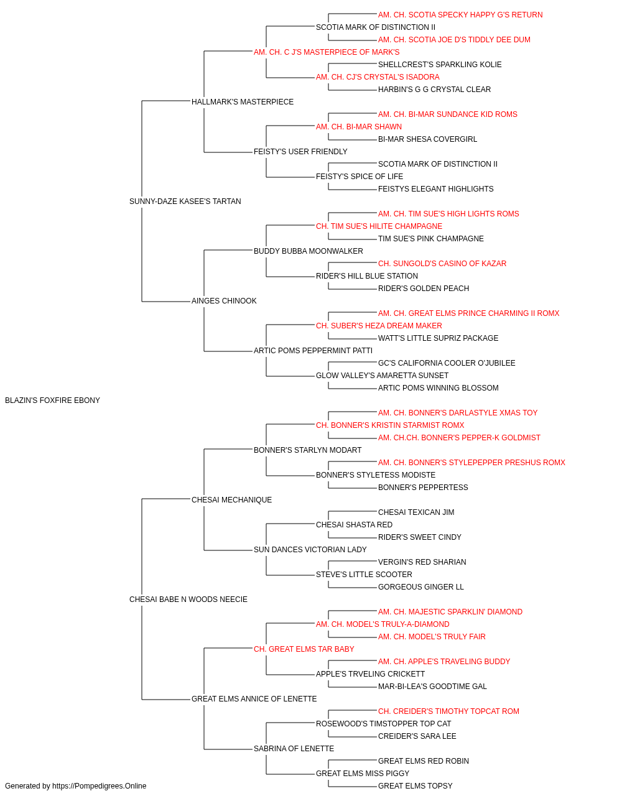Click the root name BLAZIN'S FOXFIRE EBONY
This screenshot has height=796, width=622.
(52, 400)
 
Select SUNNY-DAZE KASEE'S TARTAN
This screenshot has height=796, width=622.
(185, 201)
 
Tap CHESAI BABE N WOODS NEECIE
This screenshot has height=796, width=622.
(188, 599)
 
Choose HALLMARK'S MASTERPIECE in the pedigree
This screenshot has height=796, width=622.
(243, 102)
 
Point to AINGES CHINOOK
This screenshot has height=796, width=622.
(224, 301)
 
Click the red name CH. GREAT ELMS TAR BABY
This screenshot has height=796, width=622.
(304, 649)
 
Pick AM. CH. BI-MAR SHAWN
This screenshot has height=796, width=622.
(359, 127)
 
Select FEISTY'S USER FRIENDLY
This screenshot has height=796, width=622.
(300, 152)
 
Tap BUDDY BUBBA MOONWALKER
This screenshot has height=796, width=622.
(309, 251)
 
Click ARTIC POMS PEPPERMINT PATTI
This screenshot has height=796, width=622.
(313, 351)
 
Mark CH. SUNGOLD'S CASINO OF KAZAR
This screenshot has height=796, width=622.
(442, 264)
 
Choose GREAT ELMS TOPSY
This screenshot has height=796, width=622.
(415, 786)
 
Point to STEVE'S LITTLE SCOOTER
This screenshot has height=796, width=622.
(364, 575)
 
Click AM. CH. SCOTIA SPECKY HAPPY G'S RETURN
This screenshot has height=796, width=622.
(460, 15)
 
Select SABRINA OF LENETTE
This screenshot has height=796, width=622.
(294, 748)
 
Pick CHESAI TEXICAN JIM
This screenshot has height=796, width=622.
(416, 512)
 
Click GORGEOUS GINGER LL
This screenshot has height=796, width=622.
(421, 587)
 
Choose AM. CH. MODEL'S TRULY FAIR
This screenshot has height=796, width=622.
(432, 637)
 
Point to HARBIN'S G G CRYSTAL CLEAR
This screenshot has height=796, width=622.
(434, 90)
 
